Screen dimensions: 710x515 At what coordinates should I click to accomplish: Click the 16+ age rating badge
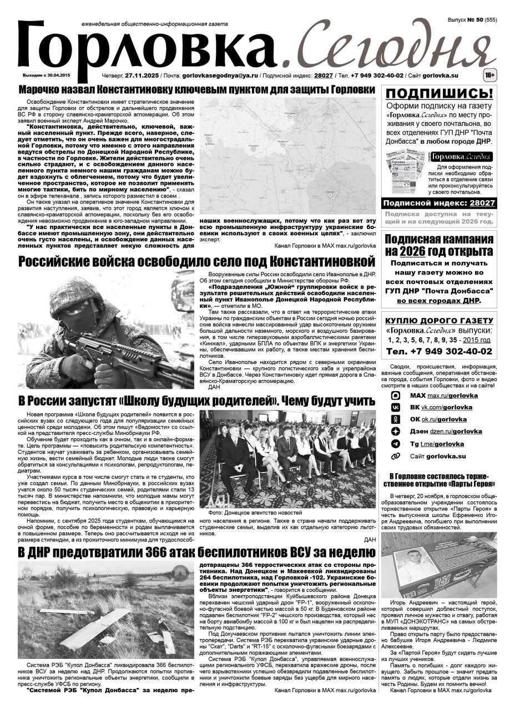pos(489,74)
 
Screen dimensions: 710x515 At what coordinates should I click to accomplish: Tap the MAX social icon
pos(396,395)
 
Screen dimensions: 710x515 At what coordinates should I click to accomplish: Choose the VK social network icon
pos(396,407)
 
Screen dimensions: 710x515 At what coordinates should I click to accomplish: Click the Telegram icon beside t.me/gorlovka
pos(396,444)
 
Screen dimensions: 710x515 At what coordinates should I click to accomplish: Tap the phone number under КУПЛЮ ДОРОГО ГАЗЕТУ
pos(439,352)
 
